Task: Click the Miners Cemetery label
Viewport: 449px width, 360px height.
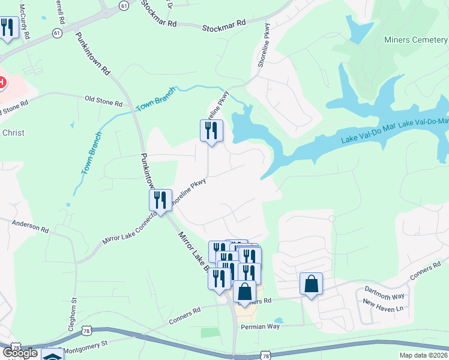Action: coord(416,40)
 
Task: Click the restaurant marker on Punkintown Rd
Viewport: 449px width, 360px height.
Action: coord(160,200)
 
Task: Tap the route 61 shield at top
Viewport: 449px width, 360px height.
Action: coord(124,5)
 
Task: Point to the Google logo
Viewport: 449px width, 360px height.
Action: coord(20,353)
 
